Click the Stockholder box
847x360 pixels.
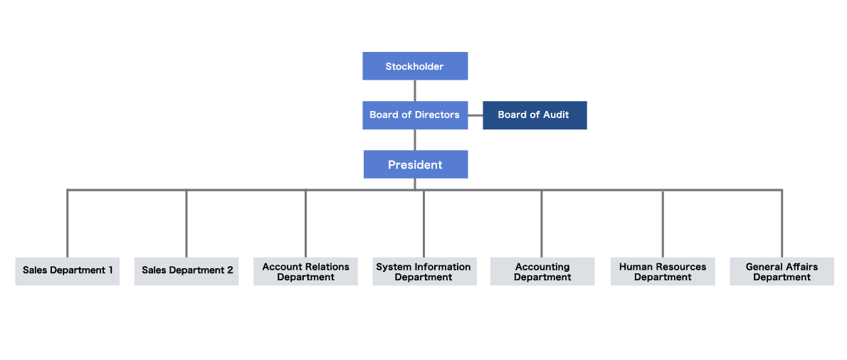click(415, 66)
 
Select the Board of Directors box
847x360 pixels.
click(415, 115)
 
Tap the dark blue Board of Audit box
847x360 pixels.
click(535, 115)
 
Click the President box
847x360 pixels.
click(416, 164)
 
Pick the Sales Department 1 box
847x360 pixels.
click(68, 271)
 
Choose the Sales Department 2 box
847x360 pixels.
click(186, 271)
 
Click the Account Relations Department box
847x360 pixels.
click(306, 271)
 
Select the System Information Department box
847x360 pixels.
click(425, 271)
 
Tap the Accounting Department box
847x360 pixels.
click(542, 271)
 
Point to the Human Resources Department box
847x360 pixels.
click(663, 271)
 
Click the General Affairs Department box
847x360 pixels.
click(782, 271)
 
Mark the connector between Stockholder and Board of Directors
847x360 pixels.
click(415, 90)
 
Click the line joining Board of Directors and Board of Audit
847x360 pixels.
click(475, 115)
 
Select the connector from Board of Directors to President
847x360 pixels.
click(415, 139)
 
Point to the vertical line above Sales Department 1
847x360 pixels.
click(68, 223)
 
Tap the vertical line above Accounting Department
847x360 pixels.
click(541, 223)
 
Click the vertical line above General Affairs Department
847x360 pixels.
click(782, 223)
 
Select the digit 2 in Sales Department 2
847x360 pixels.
click(230, 270)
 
